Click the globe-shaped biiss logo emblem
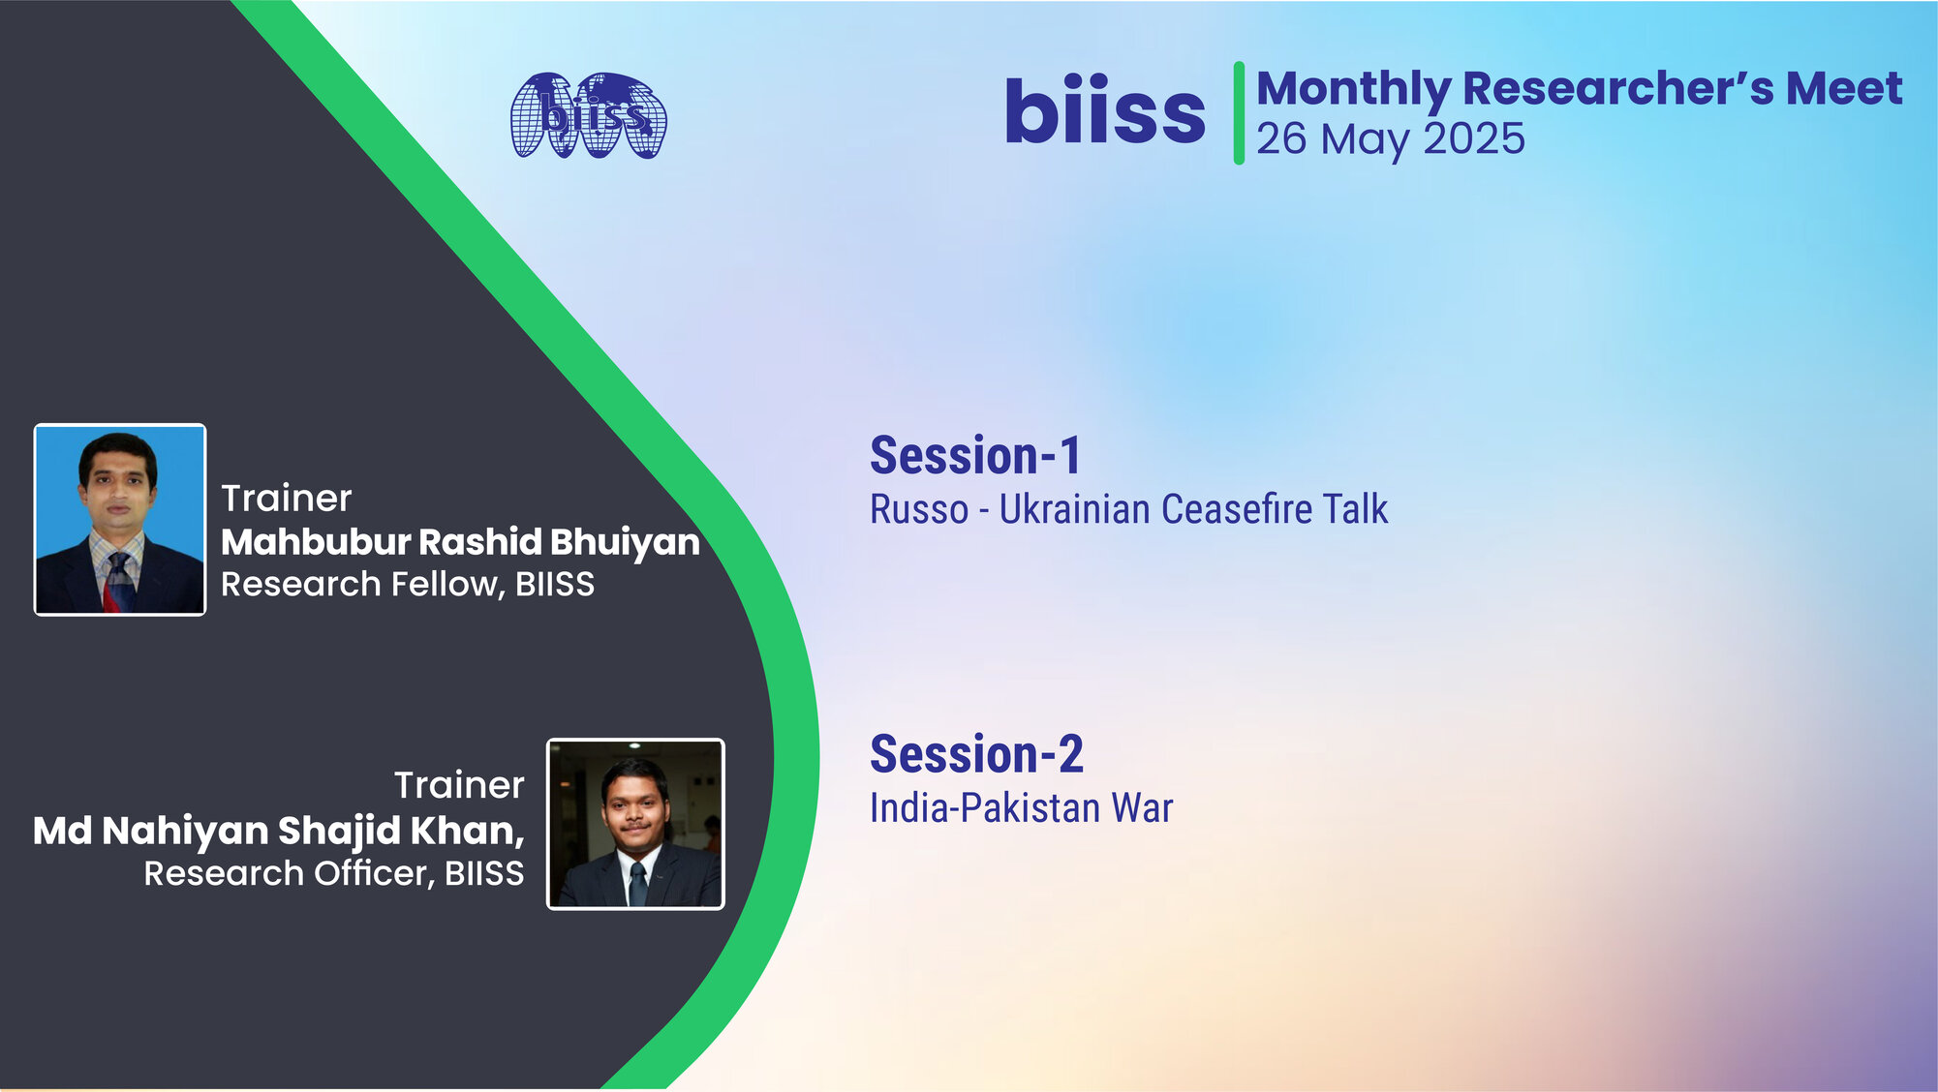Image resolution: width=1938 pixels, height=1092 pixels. (x=589, y=115)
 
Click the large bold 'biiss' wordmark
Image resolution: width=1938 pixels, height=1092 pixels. (x=1104, y=111)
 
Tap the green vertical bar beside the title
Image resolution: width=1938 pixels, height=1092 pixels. (x=1238, y=112)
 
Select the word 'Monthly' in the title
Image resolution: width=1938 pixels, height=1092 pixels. (x=1352, y=89)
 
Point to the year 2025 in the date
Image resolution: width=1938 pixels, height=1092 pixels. (x=1473, y=138)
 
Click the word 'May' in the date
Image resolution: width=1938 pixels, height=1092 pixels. (x=1366, y=139)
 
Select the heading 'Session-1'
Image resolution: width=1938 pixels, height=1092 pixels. (x=975, y=455)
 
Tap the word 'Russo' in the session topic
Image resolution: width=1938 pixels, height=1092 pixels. (x=918, y=510)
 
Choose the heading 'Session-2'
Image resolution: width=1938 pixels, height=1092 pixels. (x=976, y=754)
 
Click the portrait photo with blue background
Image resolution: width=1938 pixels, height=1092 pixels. (x=120, y=520)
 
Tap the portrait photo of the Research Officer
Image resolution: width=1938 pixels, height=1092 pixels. (x=635, y=824)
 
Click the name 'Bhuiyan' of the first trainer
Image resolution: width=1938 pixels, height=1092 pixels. (x=625, y=542)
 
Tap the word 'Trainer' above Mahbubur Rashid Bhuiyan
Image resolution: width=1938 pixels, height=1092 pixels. (x=286, y=499)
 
